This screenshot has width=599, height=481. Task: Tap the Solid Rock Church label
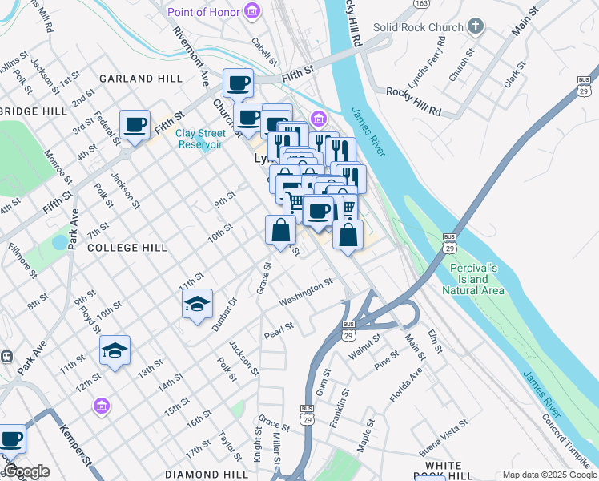click(424, 27)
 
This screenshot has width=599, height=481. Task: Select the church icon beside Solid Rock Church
click(476, 26)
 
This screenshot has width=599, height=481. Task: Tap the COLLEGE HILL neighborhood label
click(127, 248)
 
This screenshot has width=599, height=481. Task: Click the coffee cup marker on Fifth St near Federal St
click(135, 125)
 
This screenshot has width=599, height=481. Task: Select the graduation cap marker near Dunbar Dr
click(197, 305)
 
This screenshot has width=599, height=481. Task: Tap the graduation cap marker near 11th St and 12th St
click(115, 350)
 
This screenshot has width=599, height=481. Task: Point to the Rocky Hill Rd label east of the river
click(413, 91)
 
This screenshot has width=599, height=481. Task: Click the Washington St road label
click(305, 293)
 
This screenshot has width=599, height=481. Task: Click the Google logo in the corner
click(26, 471)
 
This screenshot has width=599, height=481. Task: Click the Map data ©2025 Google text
click(549, 475)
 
